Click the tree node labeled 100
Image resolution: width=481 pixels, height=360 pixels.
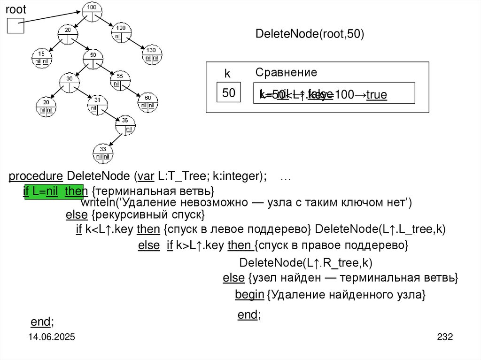point(92,11)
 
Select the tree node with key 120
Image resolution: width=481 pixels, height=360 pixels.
point(121,32)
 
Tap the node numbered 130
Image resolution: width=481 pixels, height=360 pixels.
point(151,54)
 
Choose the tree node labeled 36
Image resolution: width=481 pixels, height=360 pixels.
point(125,123)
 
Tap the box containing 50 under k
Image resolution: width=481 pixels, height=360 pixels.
point(229,93)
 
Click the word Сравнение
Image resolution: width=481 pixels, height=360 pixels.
point(286,73)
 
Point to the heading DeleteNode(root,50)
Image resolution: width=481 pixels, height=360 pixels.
point(310,35)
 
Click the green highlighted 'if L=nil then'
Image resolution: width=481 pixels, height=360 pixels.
point(53,191)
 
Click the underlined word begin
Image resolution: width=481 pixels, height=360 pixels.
point(249,295)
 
